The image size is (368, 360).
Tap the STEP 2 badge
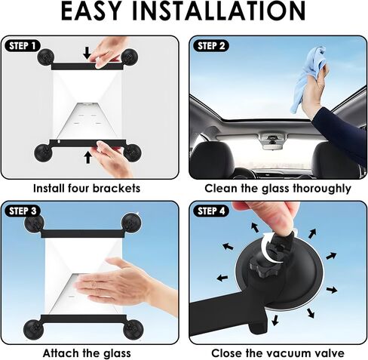tap(212, 45)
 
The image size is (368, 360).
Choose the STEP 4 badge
tap(212, 211)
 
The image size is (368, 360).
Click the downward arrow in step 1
tap(87, 54)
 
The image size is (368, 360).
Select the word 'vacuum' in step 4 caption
tap(285, 352)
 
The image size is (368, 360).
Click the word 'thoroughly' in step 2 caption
tap(320, 187)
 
